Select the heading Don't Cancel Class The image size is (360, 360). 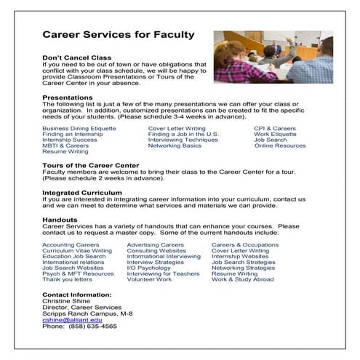point(76,57)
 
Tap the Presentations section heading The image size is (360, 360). point(67,97)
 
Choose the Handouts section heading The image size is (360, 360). point(60,219)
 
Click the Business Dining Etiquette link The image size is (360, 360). point(79,128)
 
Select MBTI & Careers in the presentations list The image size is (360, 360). point(65,145)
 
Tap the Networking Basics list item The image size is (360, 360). point(175,145)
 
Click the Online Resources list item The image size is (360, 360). point(280,145)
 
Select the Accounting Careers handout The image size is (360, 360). point(71,245)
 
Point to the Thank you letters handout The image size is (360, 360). point(67,279)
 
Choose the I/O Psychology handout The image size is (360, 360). point(148,268)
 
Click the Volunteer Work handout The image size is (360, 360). point(149,279)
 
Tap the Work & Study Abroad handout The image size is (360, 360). point(242,279)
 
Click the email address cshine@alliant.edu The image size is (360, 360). point(72,319)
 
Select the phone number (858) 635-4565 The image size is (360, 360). point(89,326)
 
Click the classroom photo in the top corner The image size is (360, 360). point(273,57)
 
